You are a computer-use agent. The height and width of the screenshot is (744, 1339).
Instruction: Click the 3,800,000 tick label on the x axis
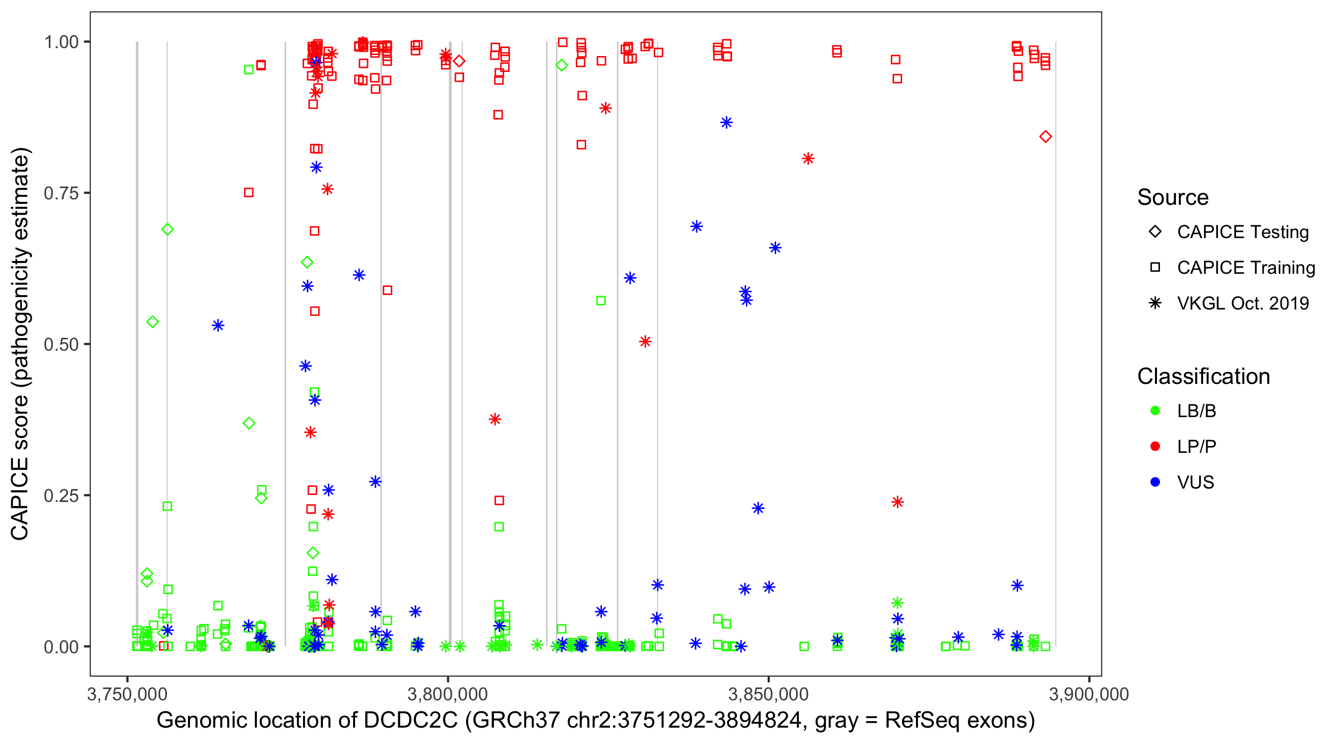pos(447,694)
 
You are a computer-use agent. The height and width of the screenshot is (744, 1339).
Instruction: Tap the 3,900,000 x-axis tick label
pos(1089,694)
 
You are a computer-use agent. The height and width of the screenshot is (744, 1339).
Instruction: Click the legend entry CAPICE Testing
pos(1242,232)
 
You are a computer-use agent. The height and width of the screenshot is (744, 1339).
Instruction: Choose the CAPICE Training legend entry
pos(1245,268)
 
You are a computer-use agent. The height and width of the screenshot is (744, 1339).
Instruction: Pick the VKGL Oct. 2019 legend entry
pos(1242,304)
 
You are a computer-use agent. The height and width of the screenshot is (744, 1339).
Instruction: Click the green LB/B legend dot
pos(1155,411)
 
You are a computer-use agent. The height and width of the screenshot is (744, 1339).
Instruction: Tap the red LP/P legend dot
pos(1155,446)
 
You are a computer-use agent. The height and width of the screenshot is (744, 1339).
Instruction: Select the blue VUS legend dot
pos(1155,483)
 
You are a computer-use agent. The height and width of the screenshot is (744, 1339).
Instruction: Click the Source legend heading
pos(1173,197)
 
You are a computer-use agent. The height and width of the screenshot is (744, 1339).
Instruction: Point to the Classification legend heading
pos(1203,376)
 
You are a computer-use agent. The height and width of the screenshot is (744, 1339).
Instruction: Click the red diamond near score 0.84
pos(1045,137)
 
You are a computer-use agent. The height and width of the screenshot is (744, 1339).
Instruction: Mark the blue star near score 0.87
pos(726,123)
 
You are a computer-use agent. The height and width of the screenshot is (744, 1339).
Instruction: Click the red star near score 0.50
pos(645,342)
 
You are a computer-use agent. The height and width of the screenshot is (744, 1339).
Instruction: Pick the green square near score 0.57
pos(601,301)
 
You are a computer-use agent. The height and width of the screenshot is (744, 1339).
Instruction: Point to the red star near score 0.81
pos(808,159)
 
